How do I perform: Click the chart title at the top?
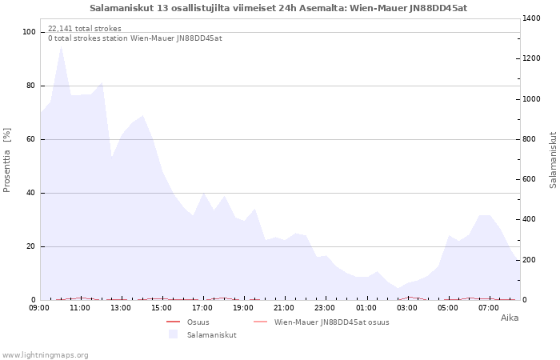click(278, 8)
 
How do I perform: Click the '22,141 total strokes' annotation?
click(85, 29)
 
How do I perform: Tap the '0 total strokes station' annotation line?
click(134, 38)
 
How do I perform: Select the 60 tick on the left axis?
click(31, 139)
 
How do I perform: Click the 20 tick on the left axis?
click(31, 246)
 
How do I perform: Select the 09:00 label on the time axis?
click(39, 308)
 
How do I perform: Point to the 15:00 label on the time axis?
click(162, 308)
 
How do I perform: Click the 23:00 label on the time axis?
click(325, 308)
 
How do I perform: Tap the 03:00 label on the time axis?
click(407, 308)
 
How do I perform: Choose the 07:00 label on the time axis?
click(489, 308)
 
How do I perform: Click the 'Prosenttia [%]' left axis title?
click(7, 160)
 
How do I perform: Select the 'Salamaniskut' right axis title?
click(553, 160)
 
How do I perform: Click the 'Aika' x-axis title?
click(510, 318)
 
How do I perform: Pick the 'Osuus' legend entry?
click(198, 322)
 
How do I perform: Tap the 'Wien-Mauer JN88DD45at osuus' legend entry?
click(331, 322)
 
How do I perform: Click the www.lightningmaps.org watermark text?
click(46, 354)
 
